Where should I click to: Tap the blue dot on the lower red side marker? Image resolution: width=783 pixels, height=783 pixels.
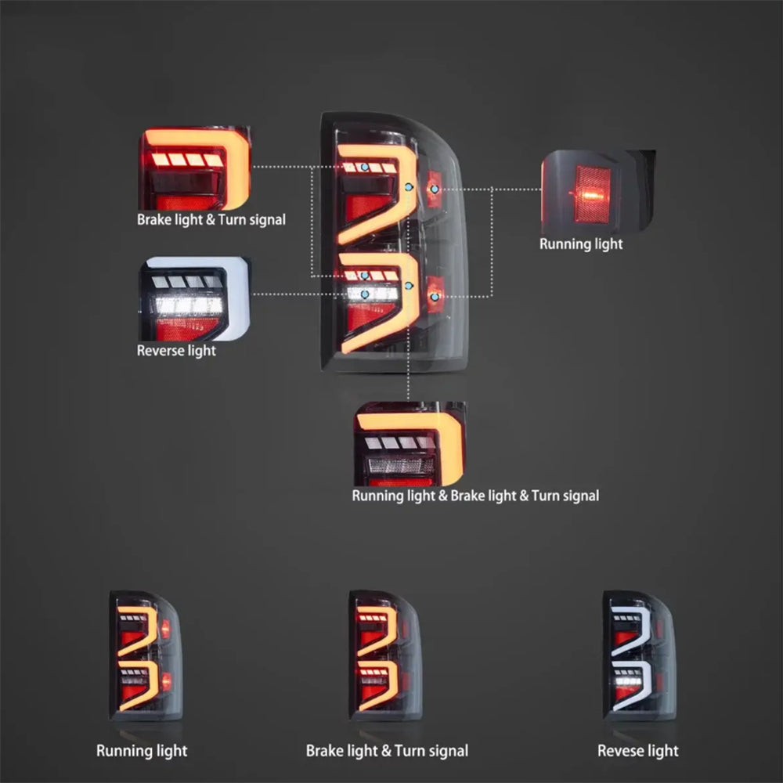click(434, 296)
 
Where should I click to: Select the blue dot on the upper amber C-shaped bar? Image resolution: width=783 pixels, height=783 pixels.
click(409, 186)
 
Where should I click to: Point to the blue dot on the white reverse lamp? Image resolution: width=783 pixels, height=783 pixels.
click(365, 294)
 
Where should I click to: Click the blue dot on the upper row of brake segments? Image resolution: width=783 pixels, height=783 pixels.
click(365, 168)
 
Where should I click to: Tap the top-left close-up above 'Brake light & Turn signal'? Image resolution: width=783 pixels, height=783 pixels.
click(195, 168)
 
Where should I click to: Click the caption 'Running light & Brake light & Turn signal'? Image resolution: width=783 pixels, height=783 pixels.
click(475, 496)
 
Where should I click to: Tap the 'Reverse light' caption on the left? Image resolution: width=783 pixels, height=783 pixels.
click(176, 350)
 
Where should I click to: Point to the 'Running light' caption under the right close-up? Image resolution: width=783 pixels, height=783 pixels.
click(581, 244)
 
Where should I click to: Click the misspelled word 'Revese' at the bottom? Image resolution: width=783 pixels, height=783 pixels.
click(618, 751)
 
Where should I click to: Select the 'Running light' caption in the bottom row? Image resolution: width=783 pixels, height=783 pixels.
click(142, 751)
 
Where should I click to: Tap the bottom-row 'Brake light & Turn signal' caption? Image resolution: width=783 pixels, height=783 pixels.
click(387, 751)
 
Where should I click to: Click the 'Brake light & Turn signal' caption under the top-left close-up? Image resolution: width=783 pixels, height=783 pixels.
click(211, 220)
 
